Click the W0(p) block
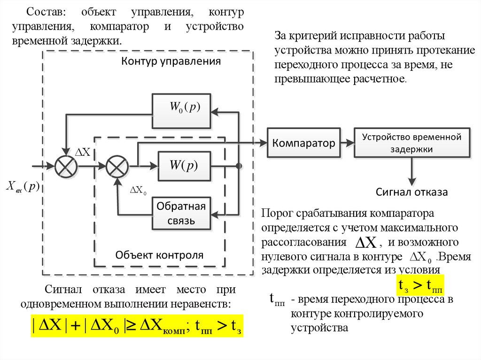181,111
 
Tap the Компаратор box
304,143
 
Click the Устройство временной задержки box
411,143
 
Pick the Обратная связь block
181,213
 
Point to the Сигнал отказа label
411,192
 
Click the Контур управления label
171,61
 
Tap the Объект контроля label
160,255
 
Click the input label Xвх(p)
23,186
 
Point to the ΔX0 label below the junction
139,191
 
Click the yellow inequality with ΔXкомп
139,325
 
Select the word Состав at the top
45,11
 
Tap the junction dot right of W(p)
239,166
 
